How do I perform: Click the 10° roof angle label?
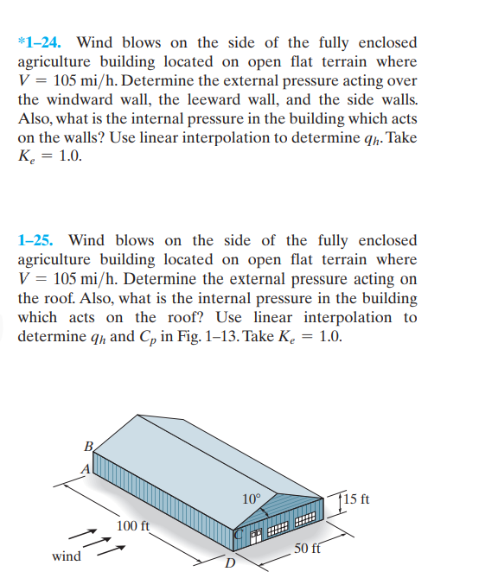pyautogui.click(x=249, y=498)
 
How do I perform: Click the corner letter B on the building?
pyautogui.click(x=87, y=448)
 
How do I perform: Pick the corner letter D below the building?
pyautogui.click(x=229, y=566)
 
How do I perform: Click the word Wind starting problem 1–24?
pyautogui.click(x=96, y=42)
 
